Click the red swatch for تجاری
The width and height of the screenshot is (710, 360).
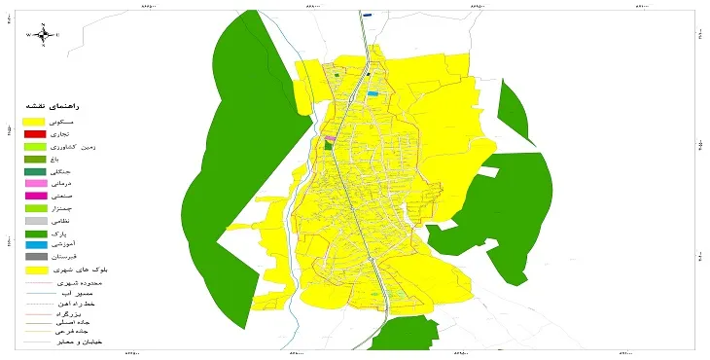point(34,133)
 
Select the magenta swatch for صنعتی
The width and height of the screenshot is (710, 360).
point(34,197)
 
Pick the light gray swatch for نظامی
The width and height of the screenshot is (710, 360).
point(34,222)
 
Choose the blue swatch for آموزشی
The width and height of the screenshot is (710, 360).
point(34,246)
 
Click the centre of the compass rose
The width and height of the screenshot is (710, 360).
point(43,35)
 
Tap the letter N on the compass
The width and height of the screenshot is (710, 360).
point(43,22)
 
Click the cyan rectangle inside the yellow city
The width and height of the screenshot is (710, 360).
point(373,93)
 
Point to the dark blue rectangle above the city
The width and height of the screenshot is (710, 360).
point(368,16)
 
